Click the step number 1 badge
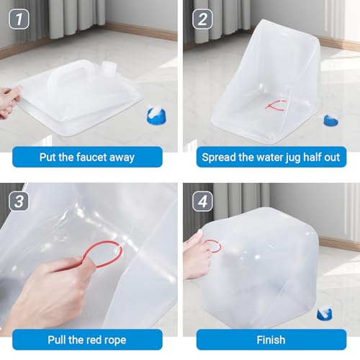(x=19, y=19)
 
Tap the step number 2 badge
(x=202, y=19)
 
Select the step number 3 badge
(x=19, y=202)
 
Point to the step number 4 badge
(x=202, y=202)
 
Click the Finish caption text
(x=271, y=340)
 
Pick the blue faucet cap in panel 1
(x=156, y=115)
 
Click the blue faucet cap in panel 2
(x=331, y=120)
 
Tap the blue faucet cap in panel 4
(x=325, y=313)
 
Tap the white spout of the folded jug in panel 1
(x=109, y=66)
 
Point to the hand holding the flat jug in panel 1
(x=9, y=102)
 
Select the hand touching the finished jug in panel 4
(x=196, y=257)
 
